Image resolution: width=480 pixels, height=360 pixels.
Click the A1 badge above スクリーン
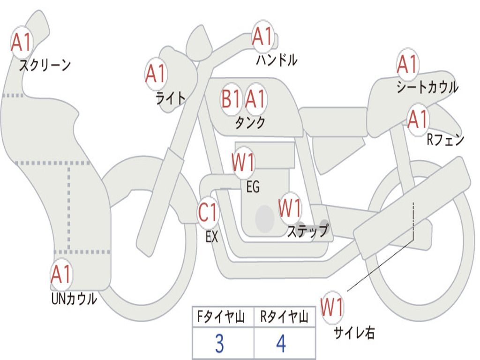[21, 42]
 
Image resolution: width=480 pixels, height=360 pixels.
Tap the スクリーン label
[45, 65]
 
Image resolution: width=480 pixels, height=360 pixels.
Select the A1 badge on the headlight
[156, 74]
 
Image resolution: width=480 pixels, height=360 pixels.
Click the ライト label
[171, 98]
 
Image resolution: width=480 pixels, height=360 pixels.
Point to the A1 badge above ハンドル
[262, 37]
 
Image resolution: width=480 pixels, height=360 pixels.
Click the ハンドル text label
[277, 60]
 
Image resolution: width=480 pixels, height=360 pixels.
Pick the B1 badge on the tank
[231, 99]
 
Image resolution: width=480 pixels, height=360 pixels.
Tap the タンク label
[250, 122]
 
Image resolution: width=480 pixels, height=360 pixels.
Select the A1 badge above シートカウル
[407, 64]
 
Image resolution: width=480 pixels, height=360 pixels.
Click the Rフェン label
[445, 140]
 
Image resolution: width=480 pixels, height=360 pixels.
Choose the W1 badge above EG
[243, 162]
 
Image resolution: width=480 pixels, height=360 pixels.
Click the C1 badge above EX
[208, 212]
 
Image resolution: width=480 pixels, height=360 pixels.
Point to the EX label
[212, 237]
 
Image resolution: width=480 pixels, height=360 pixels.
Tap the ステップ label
[308, 231]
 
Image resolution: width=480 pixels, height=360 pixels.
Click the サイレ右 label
[354, 332]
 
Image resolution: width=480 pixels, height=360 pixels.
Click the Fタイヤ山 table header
[221, 316]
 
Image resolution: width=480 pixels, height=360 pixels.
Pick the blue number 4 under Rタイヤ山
[281, 344]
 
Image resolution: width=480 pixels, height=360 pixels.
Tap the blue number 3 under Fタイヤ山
[219, 344]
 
